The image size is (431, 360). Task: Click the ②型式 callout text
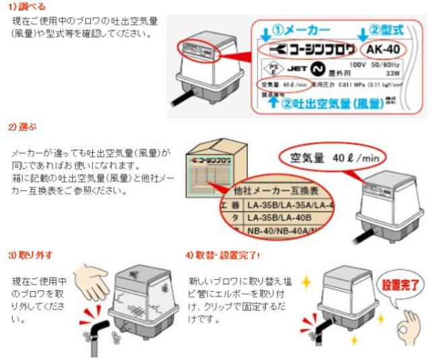(389, 30)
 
